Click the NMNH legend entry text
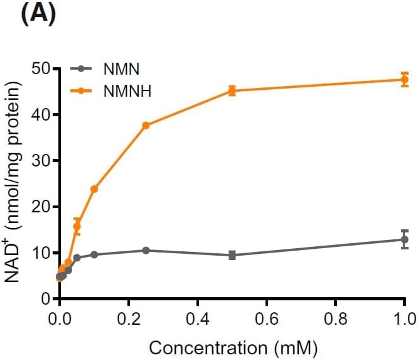[125, 91]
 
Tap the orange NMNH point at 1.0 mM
[404, 80]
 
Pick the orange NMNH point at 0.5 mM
[232, 91]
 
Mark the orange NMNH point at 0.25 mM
[146, 126]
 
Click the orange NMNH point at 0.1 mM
[94, 188]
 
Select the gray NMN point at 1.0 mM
[404, 239]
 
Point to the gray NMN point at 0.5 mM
[232, 255]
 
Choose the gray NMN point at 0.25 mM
[146, 250]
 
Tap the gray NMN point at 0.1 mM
[94, 254]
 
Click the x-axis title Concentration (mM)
[233, 347]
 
